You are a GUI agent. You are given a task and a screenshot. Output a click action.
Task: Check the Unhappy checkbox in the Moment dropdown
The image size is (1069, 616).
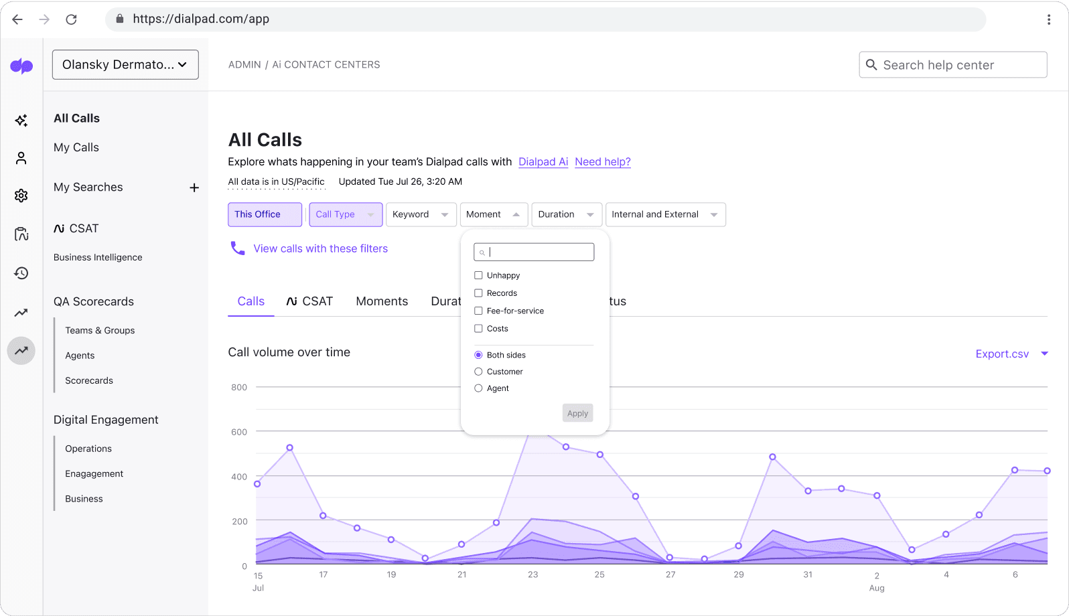tap(478, 275)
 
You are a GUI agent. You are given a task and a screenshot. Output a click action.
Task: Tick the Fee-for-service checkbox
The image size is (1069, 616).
tap(478, 311)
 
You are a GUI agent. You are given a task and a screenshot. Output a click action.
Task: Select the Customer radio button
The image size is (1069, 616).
tap(478, 372)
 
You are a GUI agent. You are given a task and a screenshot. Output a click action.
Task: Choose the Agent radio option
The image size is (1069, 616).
tap(478, 388)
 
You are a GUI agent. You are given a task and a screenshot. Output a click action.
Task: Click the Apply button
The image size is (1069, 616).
tap(577, 413)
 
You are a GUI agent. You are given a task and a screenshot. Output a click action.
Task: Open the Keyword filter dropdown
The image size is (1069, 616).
tap(421, 214)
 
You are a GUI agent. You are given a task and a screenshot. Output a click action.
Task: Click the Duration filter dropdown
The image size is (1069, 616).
tap(566, 214)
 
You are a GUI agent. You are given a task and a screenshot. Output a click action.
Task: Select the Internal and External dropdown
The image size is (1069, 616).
tap(664, 214)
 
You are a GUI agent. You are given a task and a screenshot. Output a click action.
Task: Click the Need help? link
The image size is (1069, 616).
tap(602, 161)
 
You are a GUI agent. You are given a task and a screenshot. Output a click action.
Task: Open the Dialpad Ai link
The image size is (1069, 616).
tap(543, 161)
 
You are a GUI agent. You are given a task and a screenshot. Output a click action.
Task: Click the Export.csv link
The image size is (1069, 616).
tap(1002, 354)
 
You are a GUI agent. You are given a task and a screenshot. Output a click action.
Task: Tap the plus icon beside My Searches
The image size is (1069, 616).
tap(194, 187)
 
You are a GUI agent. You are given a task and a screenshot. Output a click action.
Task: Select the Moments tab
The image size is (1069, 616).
tap(382, 301)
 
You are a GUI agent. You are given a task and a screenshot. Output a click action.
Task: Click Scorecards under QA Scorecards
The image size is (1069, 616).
tap(89, 380)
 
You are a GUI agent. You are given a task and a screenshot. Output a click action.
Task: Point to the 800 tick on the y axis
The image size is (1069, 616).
tap(239, 387)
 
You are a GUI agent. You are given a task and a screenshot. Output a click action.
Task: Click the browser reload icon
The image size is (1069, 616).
tap(71, 19)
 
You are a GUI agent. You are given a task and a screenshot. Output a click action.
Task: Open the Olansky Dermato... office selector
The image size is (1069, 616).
tap(125, 65)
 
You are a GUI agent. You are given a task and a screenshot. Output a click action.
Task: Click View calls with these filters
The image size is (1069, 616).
tap(320, 248)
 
